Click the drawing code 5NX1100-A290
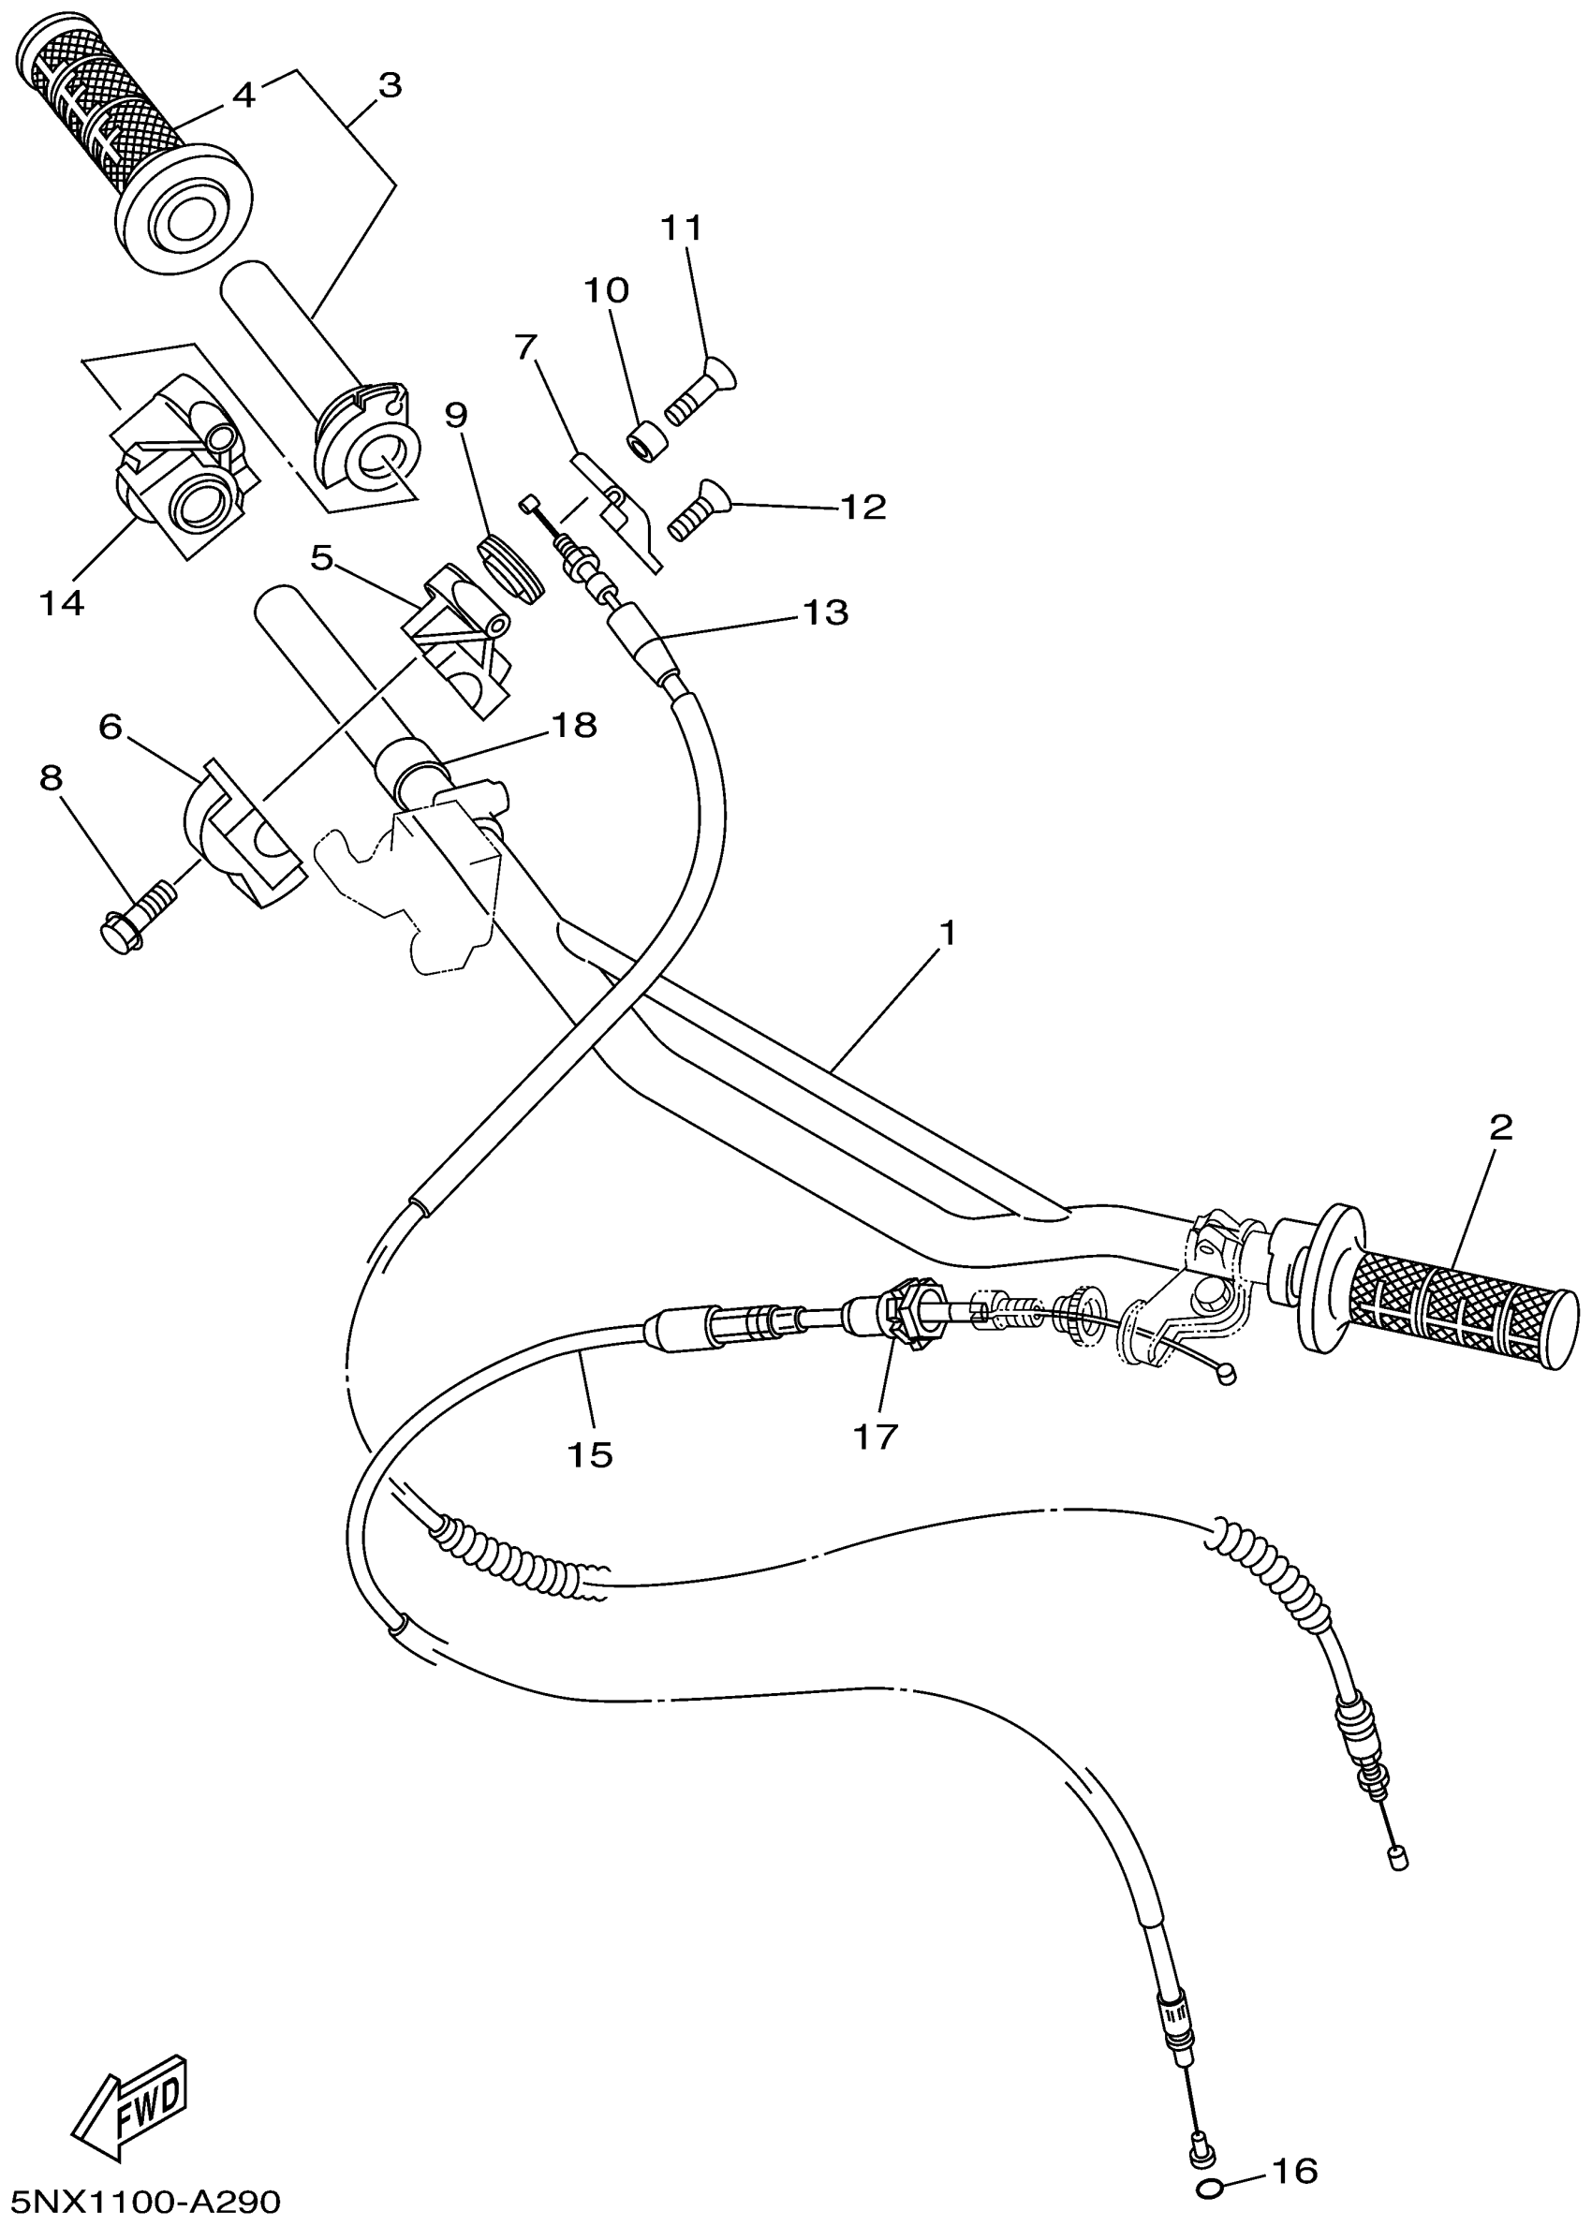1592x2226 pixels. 146,2202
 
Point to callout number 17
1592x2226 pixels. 876,1437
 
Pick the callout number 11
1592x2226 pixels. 683,228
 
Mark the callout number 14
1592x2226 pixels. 62,603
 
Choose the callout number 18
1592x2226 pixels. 573,726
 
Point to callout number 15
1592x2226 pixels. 590,1453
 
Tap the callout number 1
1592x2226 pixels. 947,931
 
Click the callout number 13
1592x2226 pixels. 825,612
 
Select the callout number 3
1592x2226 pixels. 391,86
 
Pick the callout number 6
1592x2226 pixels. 110,728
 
